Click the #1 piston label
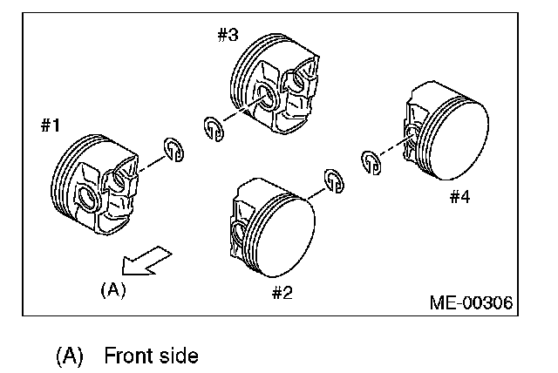(x=50, y=125)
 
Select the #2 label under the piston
(x=281, y=291)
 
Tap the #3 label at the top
(x=228, y=36)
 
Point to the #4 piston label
(x=459, y=197)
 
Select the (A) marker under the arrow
(x=113, y=289)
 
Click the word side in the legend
(x=178, y=356)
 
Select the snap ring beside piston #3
(x=213, y=128)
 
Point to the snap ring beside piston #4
(x=371, y=160)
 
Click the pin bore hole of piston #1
(x=87, y=198)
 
